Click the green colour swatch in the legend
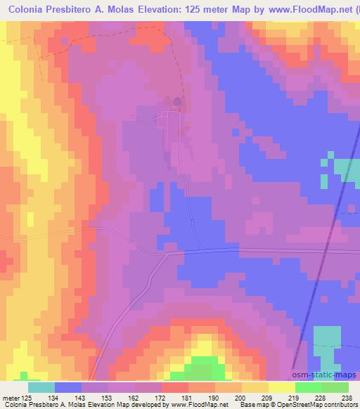(x=309, y=387)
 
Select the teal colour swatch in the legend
(x=41, y=387)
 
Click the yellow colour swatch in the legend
(x=282, y=387)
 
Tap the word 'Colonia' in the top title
(x=27, y=11)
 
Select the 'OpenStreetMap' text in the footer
(x=306, y=404)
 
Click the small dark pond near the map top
(x=176, y=103)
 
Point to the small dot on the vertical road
(x=192, y=220)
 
